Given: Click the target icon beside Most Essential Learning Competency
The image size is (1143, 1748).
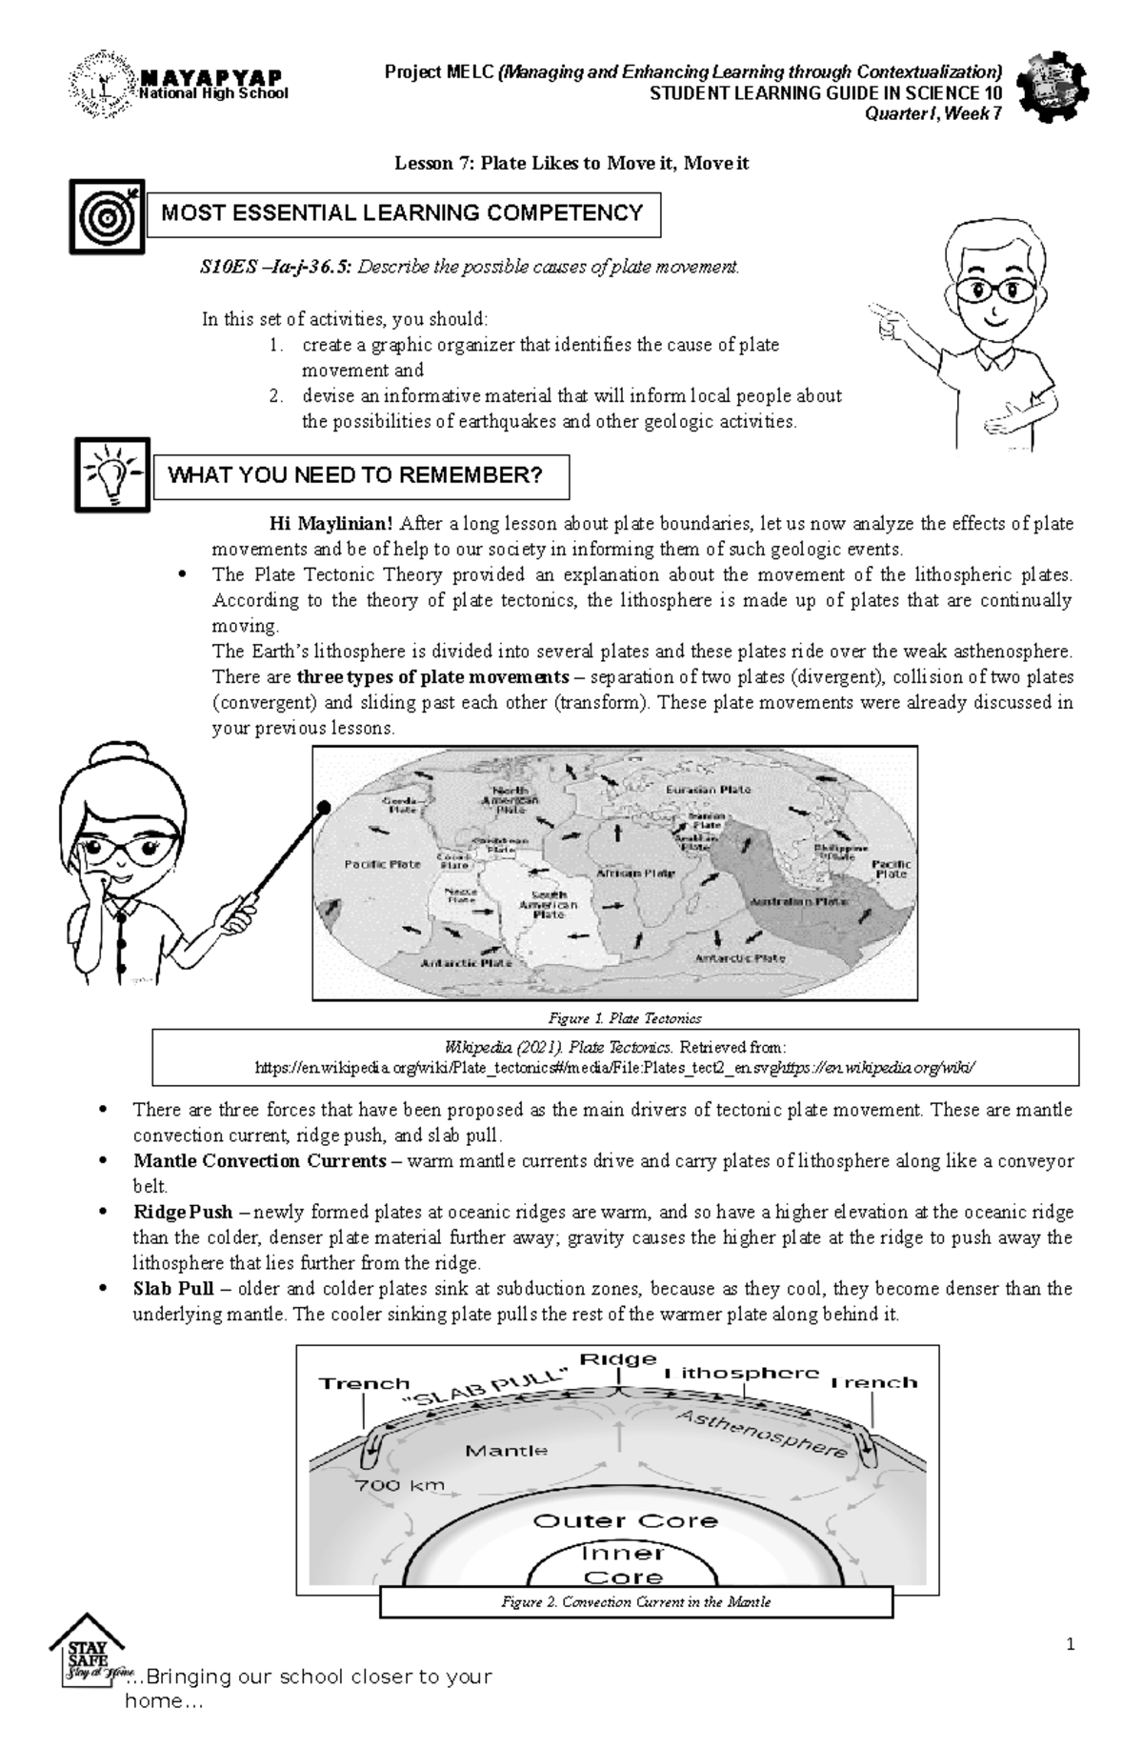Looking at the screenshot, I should (107, 216).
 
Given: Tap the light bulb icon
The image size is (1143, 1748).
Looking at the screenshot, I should (112, 474).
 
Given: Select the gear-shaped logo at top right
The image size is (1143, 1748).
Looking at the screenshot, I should (1052, 86).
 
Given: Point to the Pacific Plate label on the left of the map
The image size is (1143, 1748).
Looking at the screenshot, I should (382, 864).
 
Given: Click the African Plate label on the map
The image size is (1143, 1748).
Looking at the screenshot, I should (635, 873).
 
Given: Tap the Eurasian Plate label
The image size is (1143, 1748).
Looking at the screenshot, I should (708, 790).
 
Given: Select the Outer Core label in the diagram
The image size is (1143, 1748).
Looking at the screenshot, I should (625, 1521).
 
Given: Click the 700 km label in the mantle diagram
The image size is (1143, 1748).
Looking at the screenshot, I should (400, 1485).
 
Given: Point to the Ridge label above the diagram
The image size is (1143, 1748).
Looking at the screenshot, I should (619, 1359).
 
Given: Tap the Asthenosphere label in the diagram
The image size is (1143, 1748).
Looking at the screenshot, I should (761, 1435).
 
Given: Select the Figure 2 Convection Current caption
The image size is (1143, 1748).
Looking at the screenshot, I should (635, 1602).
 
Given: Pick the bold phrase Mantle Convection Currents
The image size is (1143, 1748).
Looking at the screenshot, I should (260, 1161).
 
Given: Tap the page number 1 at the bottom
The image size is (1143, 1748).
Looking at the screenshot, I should (1071, 1644).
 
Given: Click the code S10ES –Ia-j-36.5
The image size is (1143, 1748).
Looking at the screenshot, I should (275, 267).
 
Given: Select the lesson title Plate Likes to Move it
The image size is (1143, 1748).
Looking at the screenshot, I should (571, 163).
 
